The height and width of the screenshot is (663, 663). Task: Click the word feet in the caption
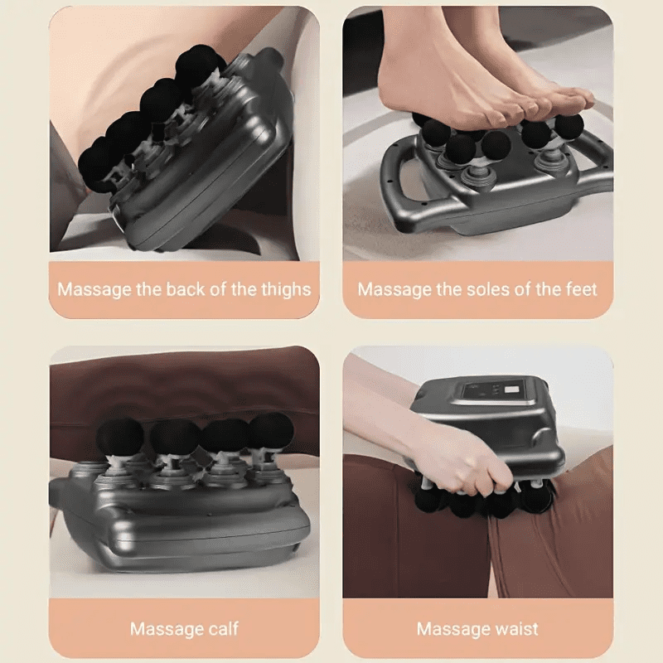pos(579,290)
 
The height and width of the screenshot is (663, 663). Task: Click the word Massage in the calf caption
pos(165,628)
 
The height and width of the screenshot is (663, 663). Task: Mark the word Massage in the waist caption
pos(451,628)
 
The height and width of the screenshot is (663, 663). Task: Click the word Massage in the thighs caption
pos(91,290)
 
